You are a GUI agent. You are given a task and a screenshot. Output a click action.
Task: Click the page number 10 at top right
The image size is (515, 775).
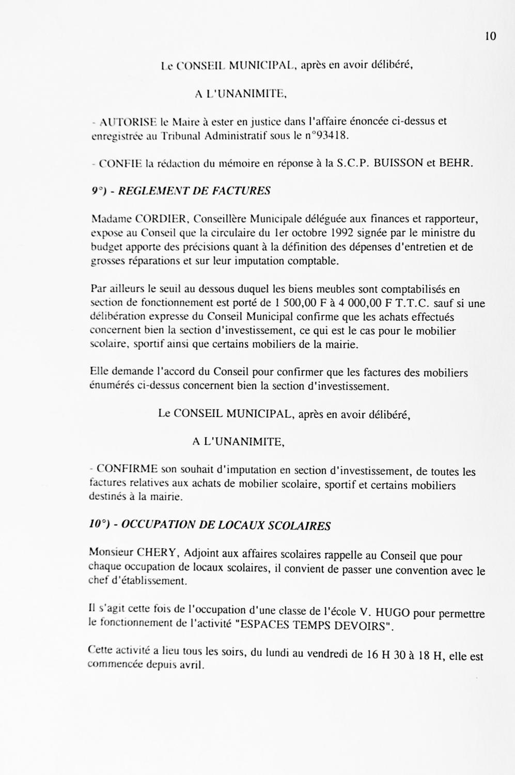(x=490, y=36)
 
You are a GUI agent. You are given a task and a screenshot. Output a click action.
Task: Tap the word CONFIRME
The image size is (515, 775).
(x=127, y=469)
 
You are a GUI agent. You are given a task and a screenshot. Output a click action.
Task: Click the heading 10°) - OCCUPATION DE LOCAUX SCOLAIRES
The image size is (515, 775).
(x=209, y=525)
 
